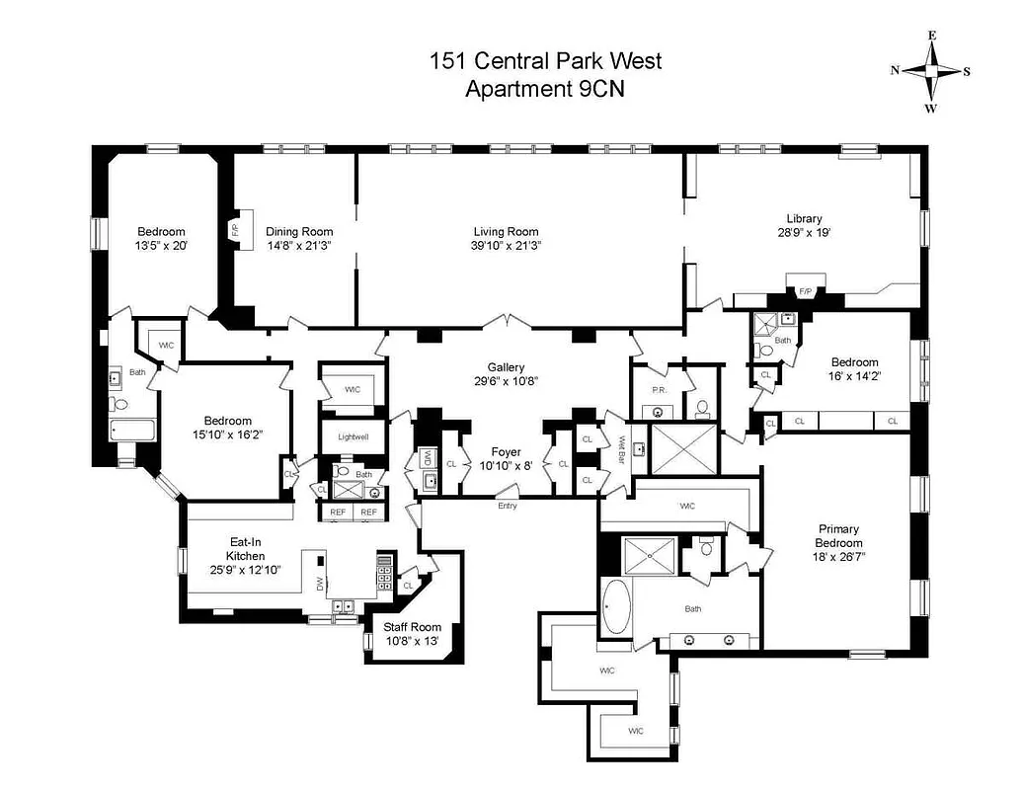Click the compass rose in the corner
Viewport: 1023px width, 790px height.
pyautogui.click(x=930, y=71)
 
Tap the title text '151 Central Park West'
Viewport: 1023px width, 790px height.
pyautogui.click(x=545, y=61)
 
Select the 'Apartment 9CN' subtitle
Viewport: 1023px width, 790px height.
pyautogui.click(x=545, y=88)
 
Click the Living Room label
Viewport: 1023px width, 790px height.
pyautogui.click(x=507, y=232)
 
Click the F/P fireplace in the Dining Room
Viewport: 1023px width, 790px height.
pyautogui.click(x=235, y=229)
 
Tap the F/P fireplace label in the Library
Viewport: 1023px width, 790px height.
pyautogui.click(x=804, y=292)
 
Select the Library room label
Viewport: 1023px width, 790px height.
pyautogui.click(x=804, y=219)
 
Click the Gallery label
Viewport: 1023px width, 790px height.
pyautogui.click(x=506, y=366)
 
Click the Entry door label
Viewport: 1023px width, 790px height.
pyautogui.click(x=507, y=506)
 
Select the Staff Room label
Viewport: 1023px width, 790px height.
pyautogui.click(x=412, y=628)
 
